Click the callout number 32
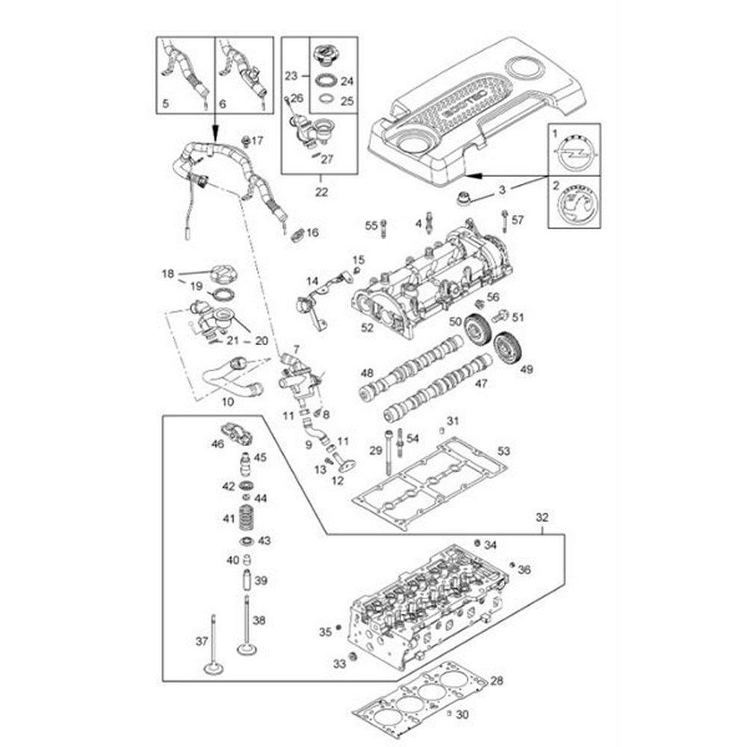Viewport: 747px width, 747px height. click(x=542, y=516)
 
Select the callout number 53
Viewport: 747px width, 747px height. click(x=504, y=450)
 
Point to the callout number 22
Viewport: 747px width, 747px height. click(x=321, y=192)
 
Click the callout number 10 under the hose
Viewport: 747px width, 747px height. click(x=228, y=401)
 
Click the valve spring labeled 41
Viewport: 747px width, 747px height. click(x=246, y=516)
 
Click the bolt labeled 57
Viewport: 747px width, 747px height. click(x=506, y=218)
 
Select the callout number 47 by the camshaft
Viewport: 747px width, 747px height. click(x=481, y=383)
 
